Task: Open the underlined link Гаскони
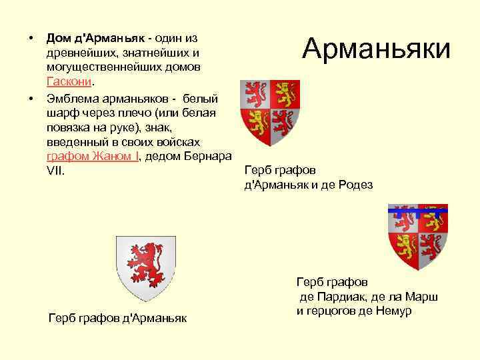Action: click(70, 81)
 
